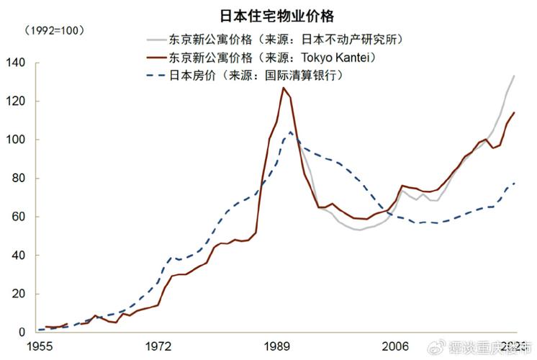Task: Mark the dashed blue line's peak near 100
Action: coord(290,132)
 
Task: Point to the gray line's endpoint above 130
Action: coord(514,76)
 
